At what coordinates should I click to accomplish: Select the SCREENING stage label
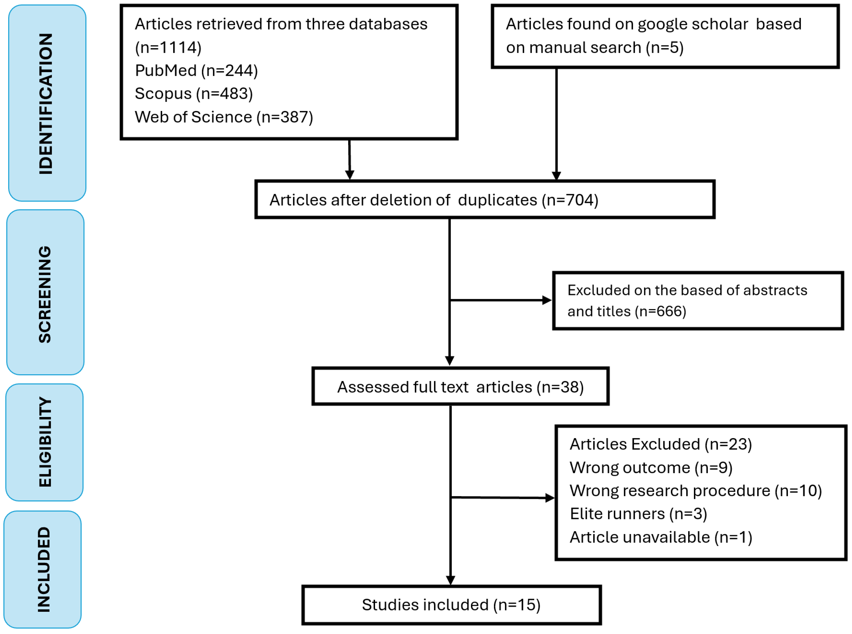point(45,294)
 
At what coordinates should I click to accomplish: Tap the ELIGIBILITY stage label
point(45,442)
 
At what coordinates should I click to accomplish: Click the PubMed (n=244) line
point(196,71)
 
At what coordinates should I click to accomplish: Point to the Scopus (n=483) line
point(193,94)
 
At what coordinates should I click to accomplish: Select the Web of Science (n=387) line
point(224,117)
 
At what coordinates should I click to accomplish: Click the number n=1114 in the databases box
point(168,48)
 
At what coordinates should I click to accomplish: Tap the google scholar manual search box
point(664,36)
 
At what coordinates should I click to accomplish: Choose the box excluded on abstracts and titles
point(697,301)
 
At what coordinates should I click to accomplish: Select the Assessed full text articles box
point(460,387)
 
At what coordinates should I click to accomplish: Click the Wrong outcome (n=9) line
point(651,467)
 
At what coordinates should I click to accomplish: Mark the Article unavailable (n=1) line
point(661,537)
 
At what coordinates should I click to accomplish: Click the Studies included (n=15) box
point(451,605)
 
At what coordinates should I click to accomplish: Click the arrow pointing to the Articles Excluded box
point(503,498)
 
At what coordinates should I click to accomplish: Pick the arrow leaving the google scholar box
point(556,123)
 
